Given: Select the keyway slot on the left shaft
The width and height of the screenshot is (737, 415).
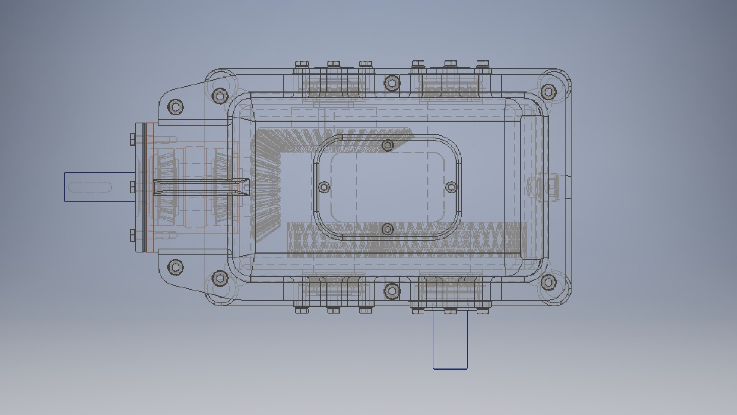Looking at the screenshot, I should point(90,188).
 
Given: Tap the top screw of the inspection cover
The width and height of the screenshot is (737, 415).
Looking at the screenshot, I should point(388,145).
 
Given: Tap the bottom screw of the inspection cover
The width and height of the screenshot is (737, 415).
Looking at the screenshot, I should point(388,229).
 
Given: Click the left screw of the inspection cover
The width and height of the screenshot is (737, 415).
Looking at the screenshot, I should point(324,187).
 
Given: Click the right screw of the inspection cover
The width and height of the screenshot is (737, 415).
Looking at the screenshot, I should point(451,187).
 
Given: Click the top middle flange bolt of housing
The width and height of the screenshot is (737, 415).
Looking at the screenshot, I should point(391,82).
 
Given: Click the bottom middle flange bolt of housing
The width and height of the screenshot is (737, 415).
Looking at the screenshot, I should point(391,291).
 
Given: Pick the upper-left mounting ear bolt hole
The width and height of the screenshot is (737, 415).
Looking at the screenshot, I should point(176,107).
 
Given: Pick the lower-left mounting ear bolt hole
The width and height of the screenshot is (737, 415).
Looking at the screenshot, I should point(176,267).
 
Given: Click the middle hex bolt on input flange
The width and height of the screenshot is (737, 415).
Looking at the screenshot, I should point(133,187).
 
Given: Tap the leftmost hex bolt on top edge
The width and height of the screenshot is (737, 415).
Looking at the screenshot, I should point(301,63).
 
